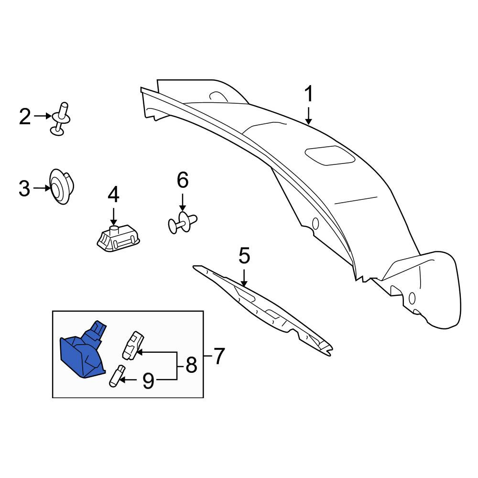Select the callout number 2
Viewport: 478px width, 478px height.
pyautogui.click(x=25, y=117)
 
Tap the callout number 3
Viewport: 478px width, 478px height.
pyautogui.click(x=24, y=188)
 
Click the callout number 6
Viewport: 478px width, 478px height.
pyautogui.click(x=183, y=180)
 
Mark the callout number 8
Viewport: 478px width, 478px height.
pyautogui.click(x=191, y=365)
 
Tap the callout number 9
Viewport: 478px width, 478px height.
pyautogui.click(x=149, y=380)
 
